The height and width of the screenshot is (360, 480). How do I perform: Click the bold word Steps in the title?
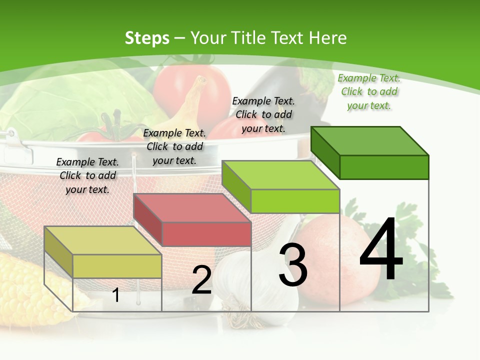coord(147,38)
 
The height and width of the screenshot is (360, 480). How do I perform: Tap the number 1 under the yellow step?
coord(116,295)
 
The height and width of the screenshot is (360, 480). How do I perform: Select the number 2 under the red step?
coord(201,280)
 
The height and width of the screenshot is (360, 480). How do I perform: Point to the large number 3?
coord(293,265)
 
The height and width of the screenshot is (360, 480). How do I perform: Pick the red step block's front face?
coord(206,234)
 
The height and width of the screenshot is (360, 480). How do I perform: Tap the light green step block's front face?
coord(295,201)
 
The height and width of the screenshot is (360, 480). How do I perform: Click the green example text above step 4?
coord(369,91)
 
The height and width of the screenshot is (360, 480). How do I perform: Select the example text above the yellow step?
coord(87,175)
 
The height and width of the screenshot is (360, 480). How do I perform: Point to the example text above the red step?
coord(174,146)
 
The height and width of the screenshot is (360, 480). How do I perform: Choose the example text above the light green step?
coord(263,114)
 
